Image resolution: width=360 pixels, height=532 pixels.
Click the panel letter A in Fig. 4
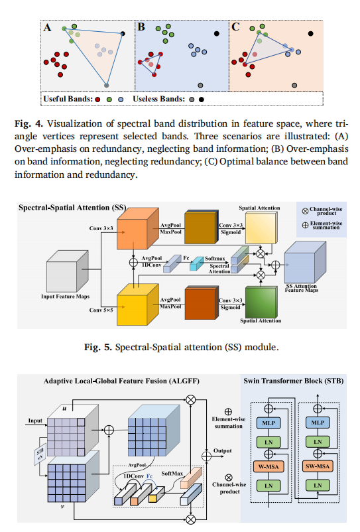pos(48,27)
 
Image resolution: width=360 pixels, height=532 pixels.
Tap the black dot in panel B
pos(217,33)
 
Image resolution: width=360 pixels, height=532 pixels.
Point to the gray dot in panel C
pos(294,86)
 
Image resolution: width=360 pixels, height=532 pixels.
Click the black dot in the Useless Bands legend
pos(202,100)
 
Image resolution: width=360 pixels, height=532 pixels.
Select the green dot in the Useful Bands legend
pos(109,100)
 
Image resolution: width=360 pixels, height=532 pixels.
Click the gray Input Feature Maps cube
pos(68,271)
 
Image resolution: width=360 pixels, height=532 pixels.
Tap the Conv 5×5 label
pos(101,310)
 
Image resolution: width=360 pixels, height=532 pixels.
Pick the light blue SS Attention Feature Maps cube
pos(305,263)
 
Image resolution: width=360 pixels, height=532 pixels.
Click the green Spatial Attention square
pos(261,302)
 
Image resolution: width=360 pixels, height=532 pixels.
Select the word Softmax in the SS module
pos(215,259)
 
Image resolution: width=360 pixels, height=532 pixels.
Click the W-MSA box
pos(269,466)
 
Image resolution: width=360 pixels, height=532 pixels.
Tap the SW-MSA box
pos(318,466)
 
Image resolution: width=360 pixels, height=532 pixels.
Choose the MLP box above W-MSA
pos(269,423)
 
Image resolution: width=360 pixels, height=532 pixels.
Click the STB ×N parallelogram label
pos(40,454)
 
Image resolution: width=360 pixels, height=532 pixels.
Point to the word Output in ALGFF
pos(222,450)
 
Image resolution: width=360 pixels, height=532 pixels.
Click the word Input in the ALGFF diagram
pos(35,421)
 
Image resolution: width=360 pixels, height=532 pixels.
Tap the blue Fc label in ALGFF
pos(149,476)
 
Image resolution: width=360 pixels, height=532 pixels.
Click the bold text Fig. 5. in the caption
pos(98,347)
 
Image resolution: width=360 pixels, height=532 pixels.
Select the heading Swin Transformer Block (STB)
pos(294,381)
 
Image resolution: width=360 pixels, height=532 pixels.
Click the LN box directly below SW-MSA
pos(318,486)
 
